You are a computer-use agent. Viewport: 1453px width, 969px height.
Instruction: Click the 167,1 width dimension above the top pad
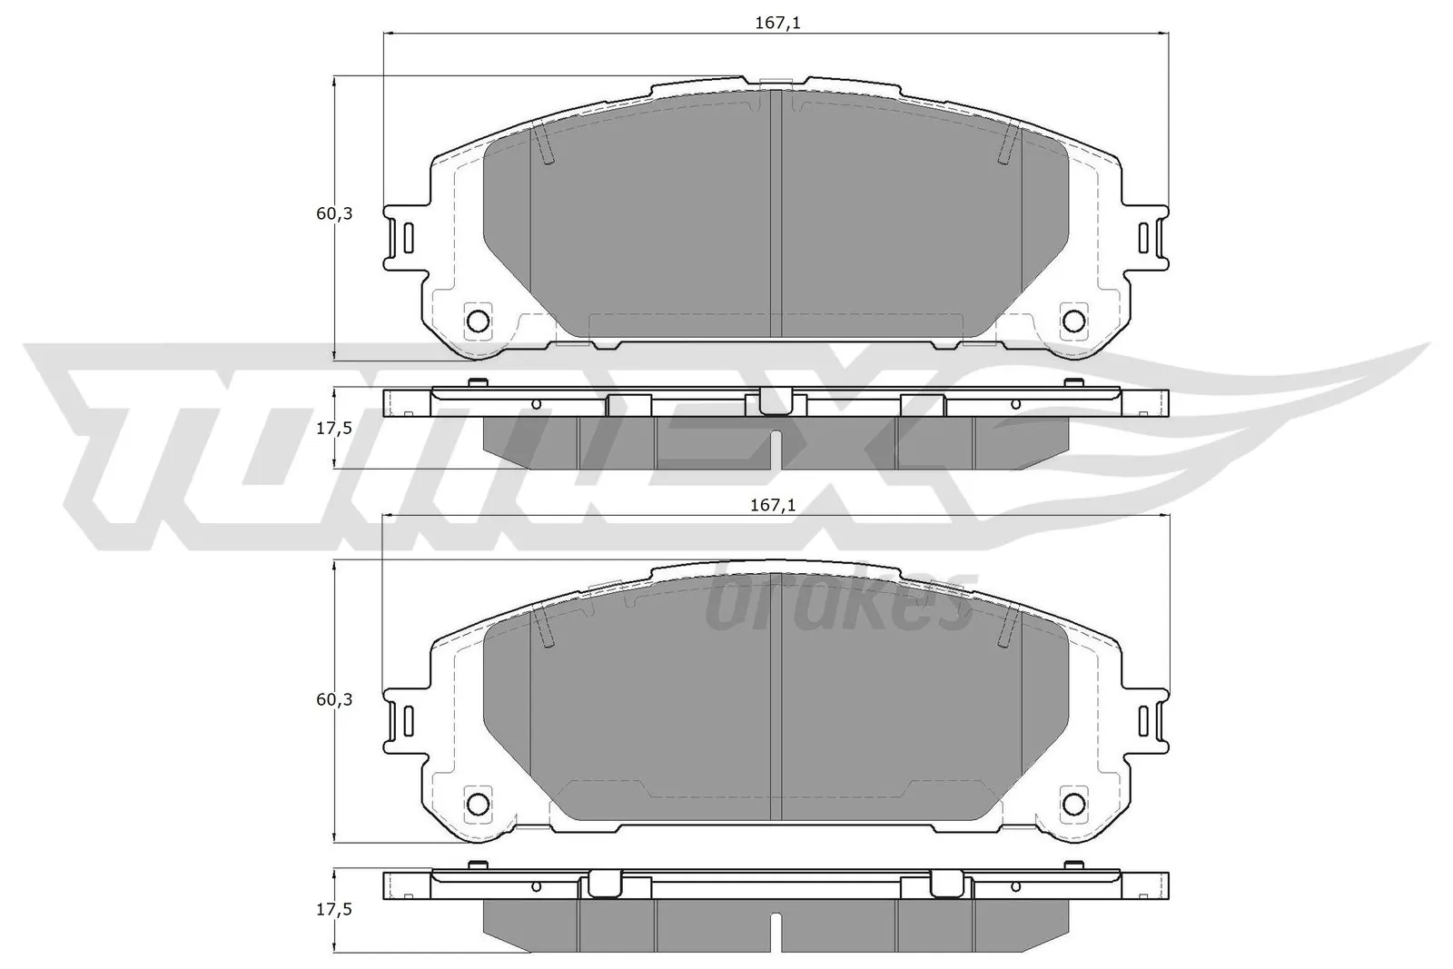pos(776,24)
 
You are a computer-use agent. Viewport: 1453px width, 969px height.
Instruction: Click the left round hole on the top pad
pos(478,320)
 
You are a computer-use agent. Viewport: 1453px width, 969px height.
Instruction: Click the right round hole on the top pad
pos(1074,320)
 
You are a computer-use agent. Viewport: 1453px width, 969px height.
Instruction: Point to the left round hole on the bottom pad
pos(478,803)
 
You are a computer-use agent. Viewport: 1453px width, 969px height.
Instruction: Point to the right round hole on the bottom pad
pos(1074,803)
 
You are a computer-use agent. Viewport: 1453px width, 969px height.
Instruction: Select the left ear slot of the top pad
pos(408,238)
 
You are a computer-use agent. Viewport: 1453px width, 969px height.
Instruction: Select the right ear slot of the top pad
pos(1144,238)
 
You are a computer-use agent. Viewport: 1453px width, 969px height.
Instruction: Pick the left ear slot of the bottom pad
pos(408,721)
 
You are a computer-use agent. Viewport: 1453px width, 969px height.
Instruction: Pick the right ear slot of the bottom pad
pos(1144,721)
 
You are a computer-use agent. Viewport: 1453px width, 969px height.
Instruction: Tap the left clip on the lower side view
pos(604,883)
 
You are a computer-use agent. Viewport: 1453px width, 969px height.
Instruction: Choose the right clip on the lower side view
pos(947,883)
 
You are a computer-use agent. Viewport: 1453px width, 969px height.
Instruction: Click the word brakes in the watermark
pos(839,604)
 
